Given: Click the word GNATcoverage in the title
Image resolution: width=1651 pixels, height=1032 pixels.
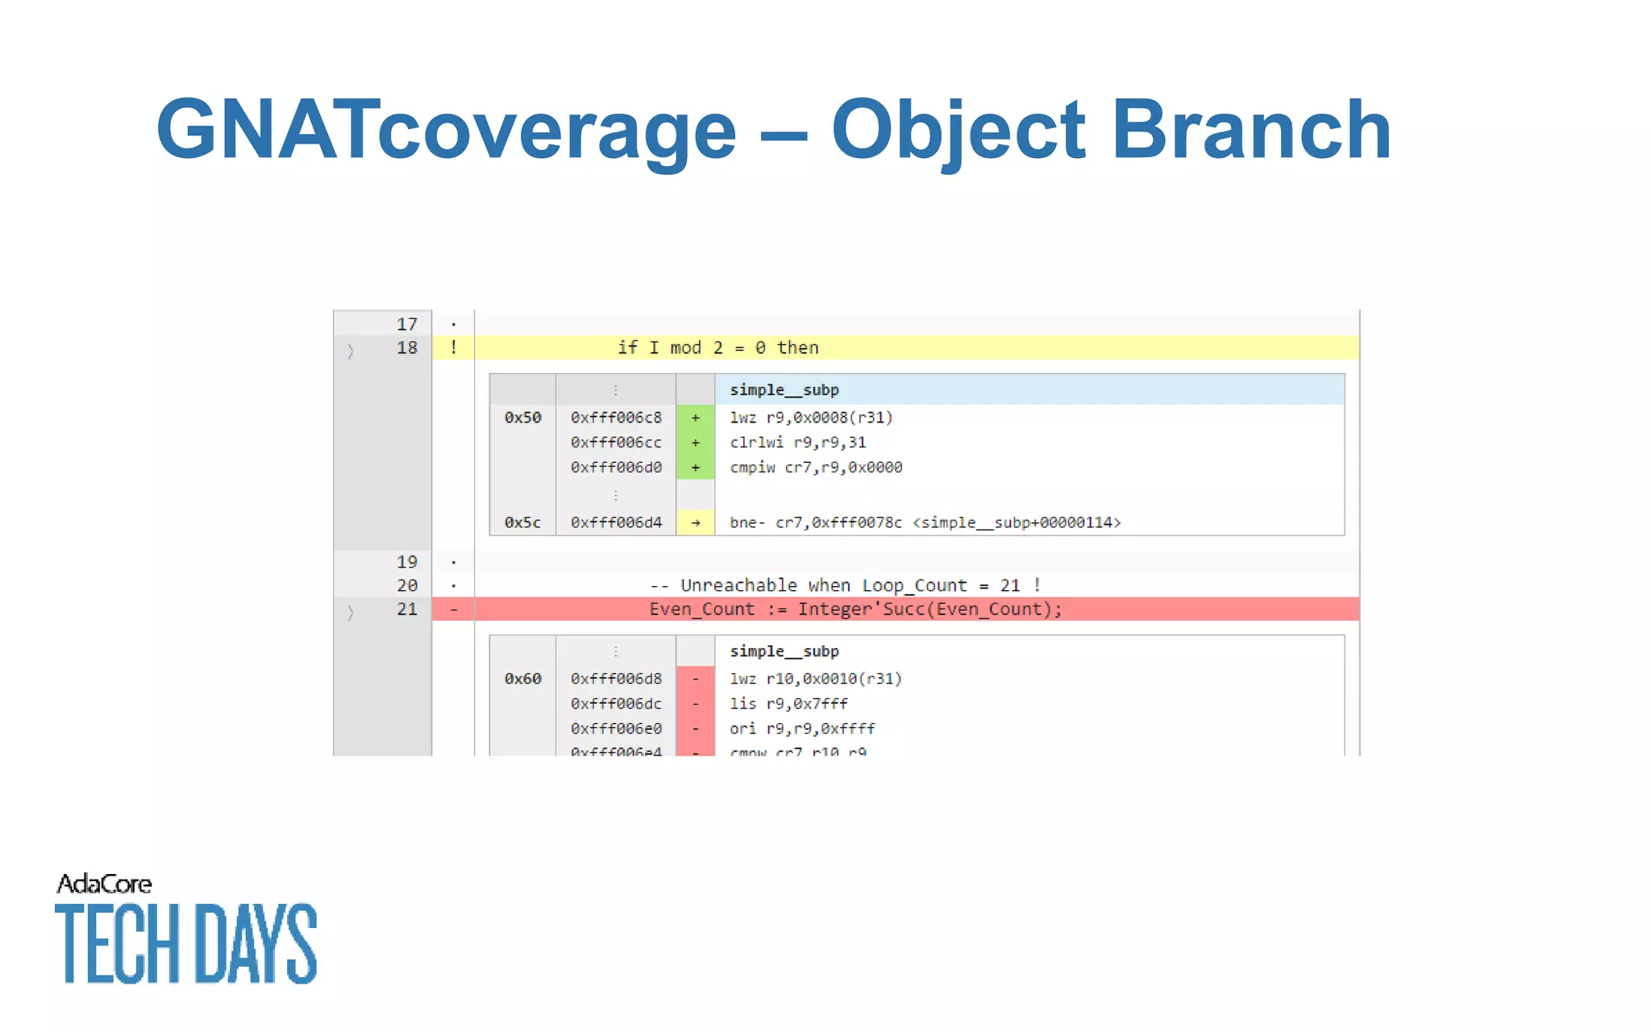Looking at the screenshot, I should (x=446, y=131).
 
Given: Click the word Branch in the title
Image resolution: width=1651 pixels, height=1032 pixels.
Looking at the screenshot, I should (x=1250, y=131).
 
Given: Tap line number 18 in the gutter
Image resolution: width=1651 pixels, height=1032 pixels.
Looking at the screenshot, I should (x=406, y=347).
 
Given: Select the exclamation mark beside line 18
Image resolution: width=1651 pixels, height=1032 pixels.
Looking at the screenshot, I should (x=454, y=347).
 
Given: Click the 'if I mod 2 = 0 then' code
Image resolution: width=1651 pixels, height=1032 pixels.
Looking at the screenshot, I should (x=717, y=347).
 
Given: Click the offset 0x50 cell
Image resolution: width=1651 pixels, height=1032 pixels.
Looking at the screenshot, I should (x=522, y=418).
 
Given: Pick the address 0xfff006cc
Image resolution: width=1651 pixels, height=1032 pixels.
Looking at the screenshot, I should (x=616, y=443).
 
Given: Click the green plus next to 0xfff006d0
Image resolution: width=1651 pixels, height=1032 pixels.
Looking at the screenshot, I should (x=695, y=468).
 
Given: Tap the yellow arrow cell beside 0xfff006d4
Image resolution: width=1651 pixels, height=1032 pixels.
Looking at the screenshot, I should (x=695, y=522).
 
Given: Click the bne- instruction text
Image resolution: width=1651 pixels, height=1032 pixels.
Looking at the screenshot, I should (x=924, y=522).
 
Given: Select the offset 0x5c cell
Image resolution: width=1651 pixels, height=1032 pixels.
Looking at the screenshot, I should (x=522, y=522).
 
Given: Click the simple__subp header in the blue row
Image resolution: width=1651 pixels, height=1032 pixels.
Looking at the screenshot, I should (x=784, y=390).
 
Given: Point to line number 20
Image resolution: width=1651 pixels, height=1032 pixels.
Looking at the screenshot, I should (x=406, y=585).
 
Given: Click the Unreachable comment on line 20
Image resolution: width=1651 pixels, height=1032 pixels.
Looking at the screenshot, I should (x=844, y=585).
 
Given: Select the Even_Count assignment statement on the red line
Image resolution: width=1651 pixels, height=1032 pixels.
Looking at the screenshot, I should (x=855, y=610).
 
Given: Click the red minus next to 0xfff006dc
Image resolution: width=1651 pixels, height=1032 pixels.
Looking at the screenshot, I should (x=695, y=704).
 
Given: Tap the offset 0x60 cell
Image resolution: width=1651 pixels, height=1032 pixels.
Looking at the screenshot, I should (x=522, y=679).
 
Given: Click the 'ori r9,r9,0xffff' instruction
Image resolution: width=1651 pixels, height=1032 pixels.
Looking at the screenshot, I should (x=801, y=729).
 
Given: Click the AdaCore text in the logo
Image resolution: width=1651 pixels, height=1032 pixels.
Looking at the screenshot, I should (x=104, y=884).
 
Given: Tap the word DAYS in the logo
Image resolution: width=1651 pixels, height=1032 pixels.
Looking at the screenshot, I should (x=256, y=943).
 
